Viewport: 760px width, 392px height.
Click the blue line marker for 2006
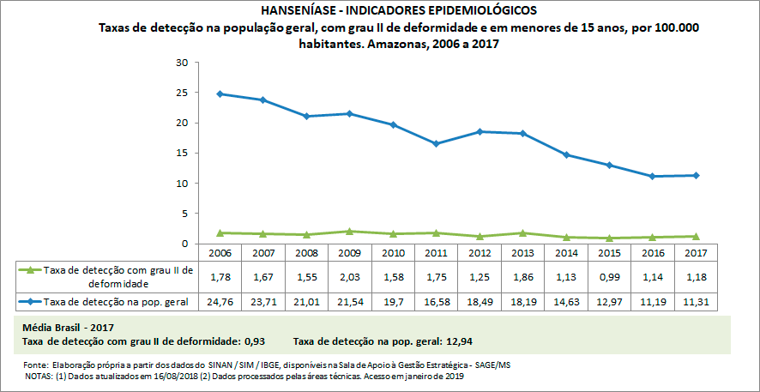(x=220, y=93)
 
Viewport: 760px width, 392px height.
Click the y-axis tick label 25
(x=181, y=93)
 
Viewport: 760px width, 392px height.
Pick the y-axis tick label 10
(x=181, y=184)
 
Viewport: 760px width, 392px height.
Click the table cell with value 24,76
(x=220, y=302)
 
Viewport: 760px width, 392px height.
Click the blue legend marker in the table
(x=30, y=302)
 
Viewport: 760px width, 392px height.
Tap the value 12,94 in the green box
(x=456, y=341)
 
